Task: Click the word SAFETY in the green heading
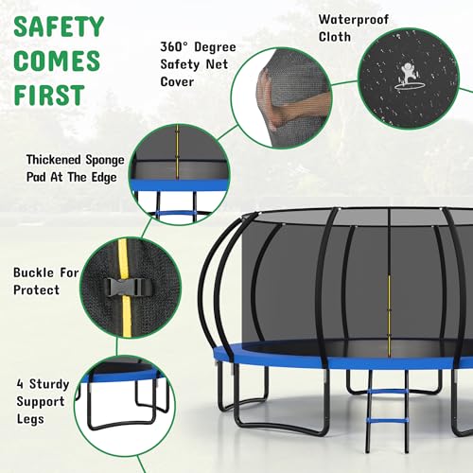tap(59, 26)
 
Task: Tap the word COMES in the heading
tap(57, 61)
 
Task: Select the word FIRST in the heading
tap(49, 95)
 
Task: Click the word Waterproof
tap(354, 20)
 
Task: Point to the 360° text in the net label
tap(174, 46)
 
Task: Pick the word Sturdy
tap(49, 384)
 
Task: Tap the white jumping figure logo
tap(409, 77)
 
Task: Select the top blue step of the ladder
tap(388, 392)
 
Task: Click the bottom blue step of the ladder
tap(387, 421)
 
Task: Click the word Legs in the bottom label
tap(30, 419)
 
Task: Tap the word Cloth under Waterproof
tap(335, 37)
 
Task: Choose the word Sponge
tap(105, 160)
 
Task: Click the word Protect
tap(36, 289)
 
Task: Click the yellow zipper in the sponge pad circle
tap(177, 152)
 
